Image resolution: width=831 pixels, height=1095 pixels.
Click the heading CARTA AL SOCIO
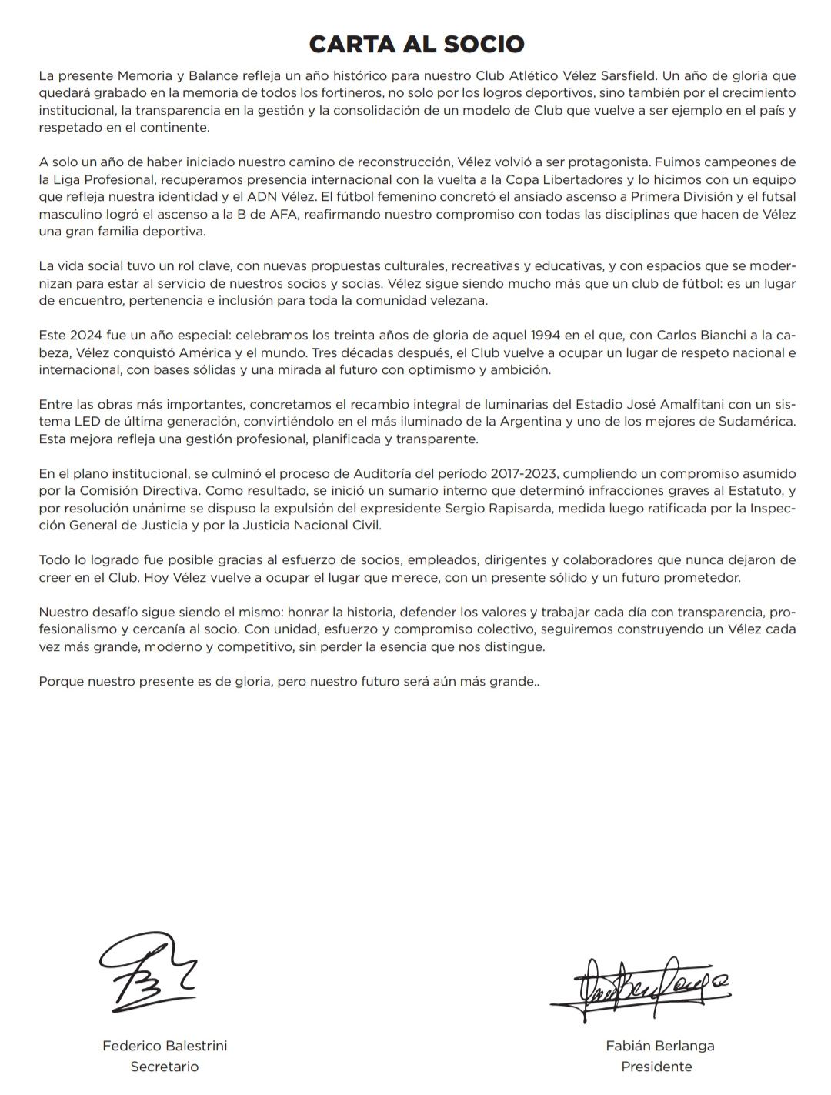coord(416,44)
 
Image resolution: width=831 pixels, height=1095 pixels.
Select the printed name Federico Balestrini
coord(165,1046)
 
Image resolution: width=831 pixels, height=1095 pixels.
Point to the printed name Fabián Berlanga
coord(660,1046)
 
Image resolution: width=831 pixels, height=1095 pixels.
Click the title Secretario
coord(165,1067)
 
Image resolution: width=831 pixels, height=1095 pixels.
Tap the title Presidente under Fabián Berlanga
coord(656,1067)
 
